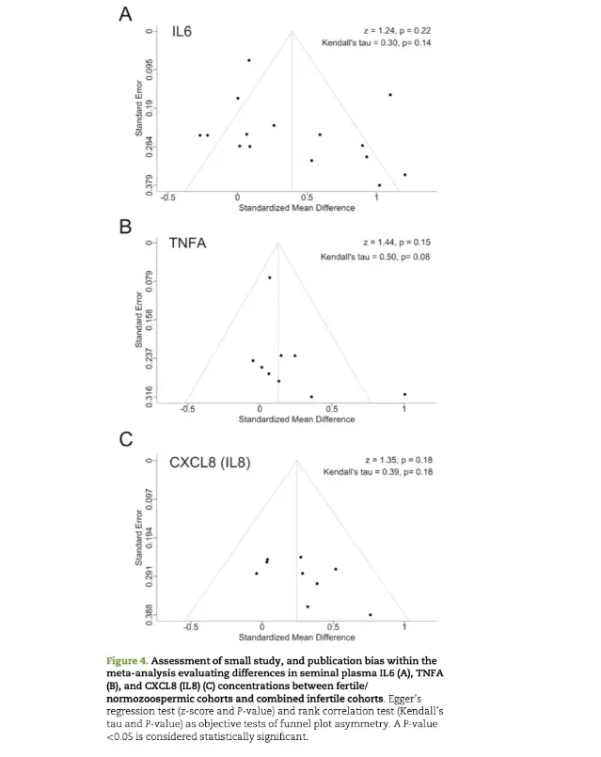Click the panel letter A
tap(125, 14)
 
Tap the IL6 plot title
tap(182, 31)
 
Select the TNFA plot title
tap(187, 243)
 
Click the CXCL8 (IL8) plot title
tap(210, 463)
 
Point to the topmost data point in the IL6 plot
tap(249, 60)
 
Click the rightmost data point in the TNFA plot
tap(404, 394)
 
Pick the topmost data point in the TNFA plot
tap(269, 277)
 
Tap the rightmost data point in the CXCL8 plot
tap(371, 615)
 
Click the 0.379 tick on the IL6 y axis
tap(150, 185)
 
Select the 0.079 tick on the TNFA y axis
tap(150, 281)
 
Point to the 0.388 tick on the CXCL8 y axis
tap(150, 614)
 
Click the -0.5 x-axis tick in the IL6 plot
tap(168, 197)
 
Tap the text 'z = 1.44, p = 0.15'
tap(397, 243)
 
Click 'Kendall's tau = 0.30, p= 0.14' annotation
tap(376, 43)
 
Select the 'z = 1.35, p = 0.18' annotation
tap(399, 460)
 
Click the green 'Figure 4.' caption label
tap(127, 661)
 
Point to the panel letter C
tap(126, 439)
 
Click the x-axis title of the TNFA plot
tap(296, 419)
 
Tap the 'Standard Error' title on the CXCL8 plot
tap(139, 537)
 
